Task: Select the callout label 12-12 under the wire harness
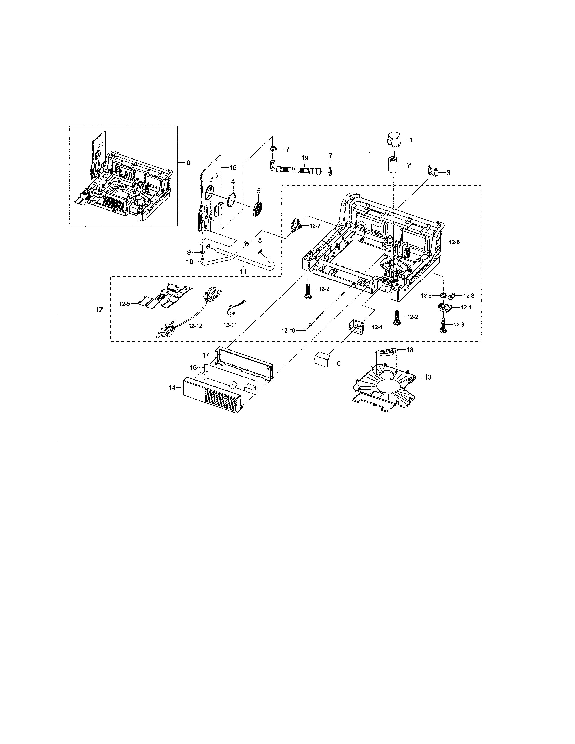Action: pos(195,326)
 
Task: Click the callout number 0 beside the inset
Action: pos(188,163)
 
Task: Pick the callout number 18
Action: pos(409,349)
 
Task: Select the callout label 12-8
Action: pos(468,296)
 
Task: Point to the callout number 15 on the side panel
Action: pos(233,168)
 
